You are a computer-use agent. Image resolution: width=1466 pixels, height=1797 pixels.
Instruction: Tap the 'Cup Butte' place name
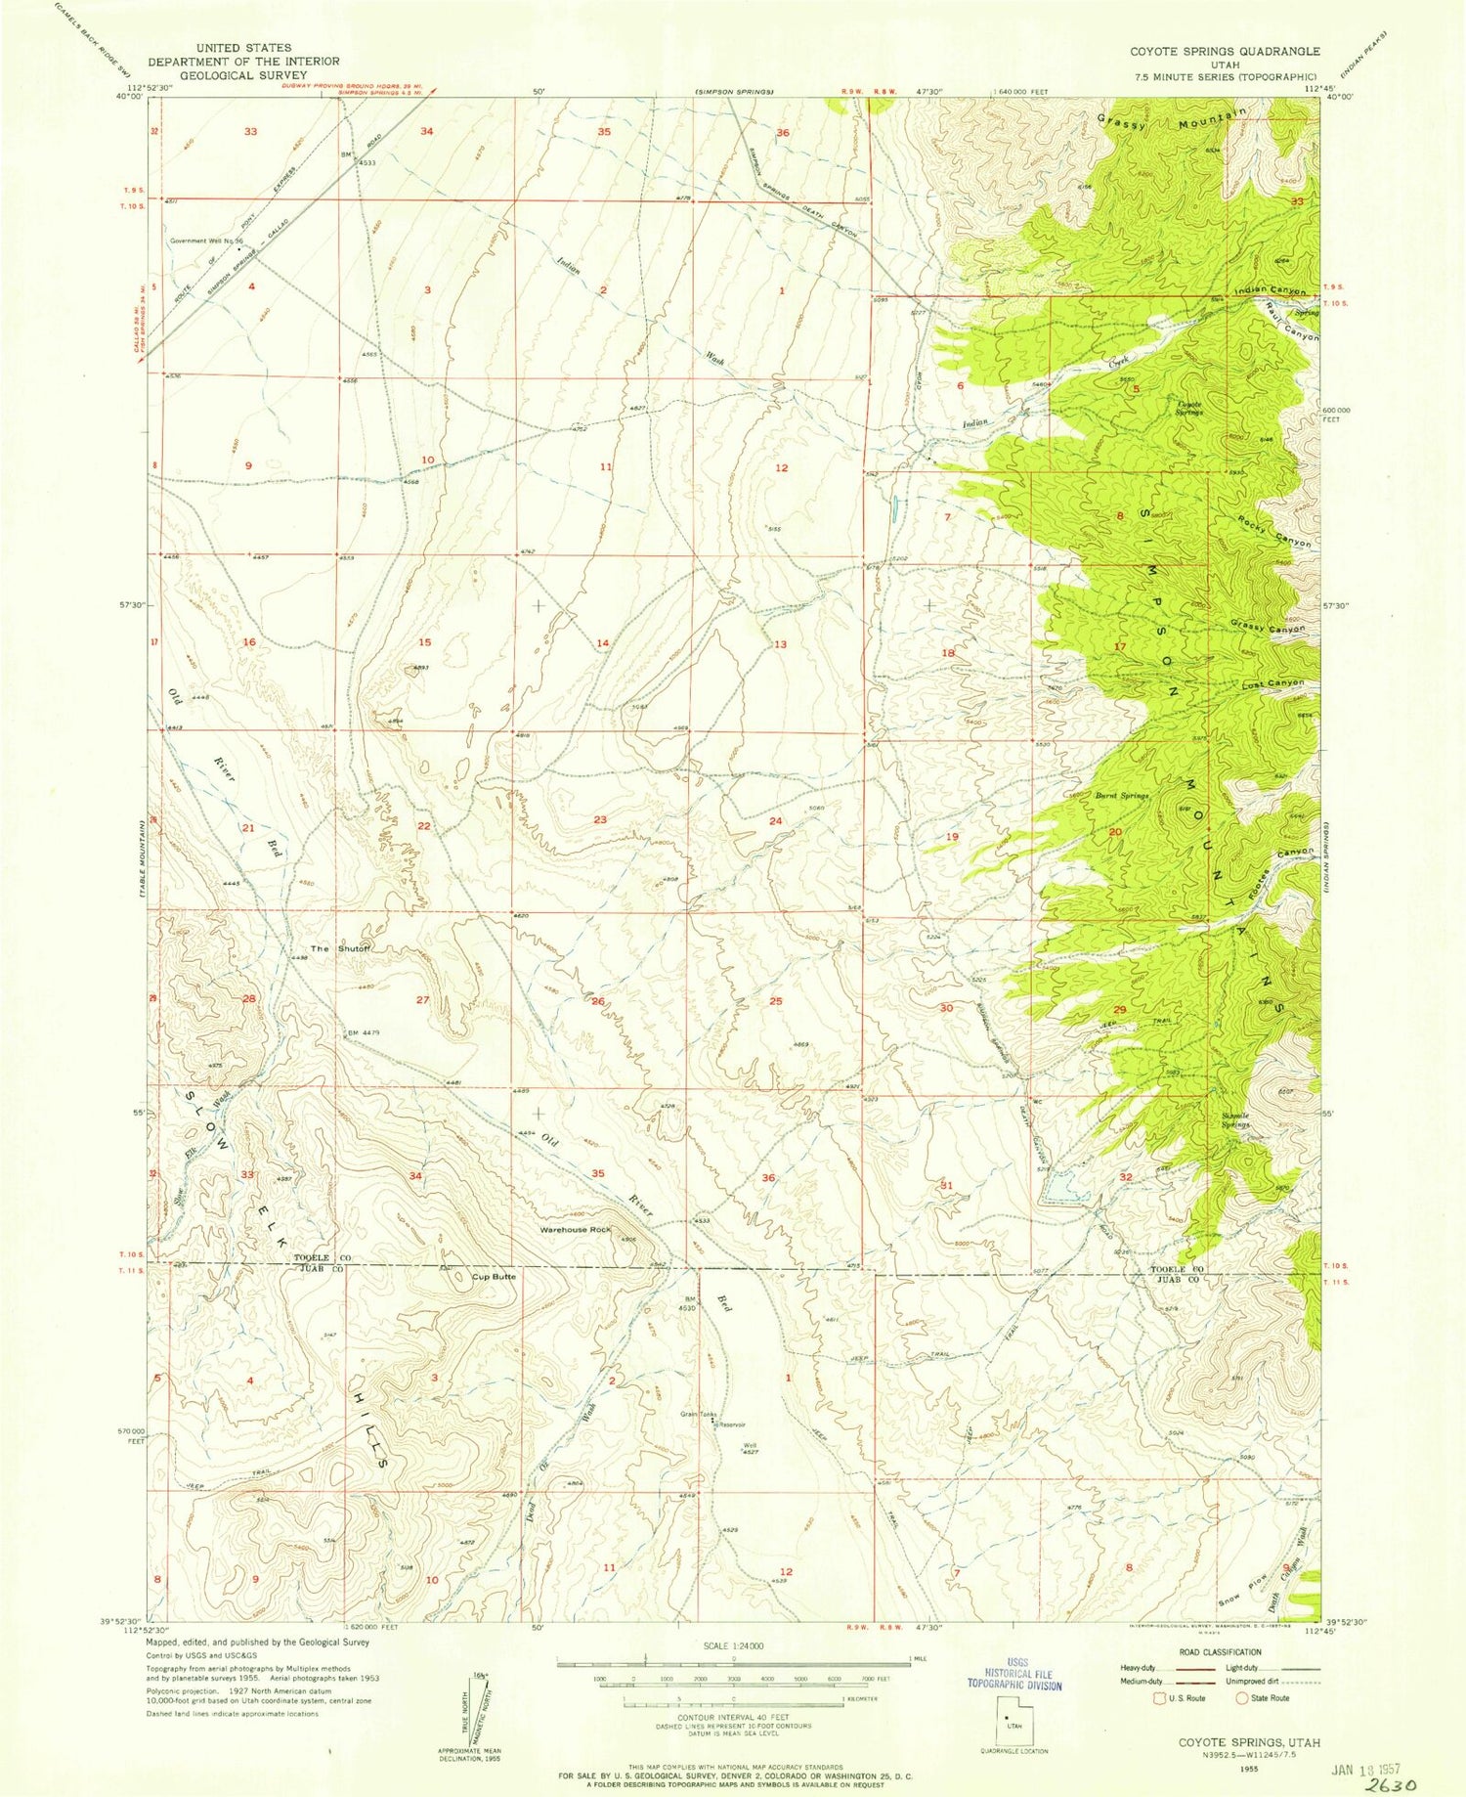[494, 1277]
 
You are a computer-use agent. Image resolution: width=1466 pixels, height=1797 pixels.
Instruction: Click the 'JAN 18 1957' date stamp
[1363, 1769]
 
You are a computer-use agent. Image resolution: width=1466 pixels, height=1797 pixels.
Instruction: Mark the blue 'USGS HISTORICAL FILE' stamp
[1016, 1678]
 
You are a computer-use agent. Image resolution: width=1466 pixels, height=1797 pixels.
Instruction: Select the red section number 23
[600, 819]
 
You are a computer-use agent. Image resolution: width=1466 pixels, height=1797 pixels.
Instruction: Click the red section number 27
[423, 999]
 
